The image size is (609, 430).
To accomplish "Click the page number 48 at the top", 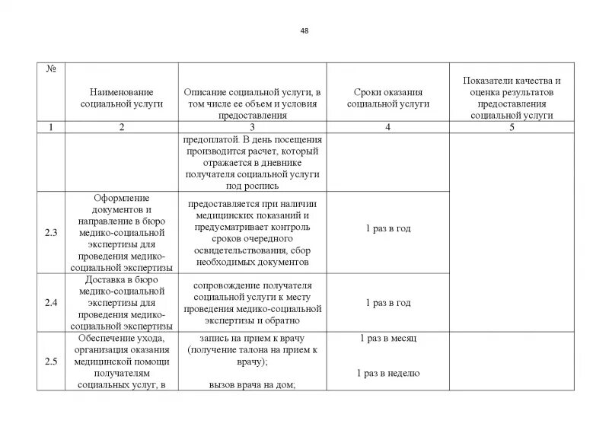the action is click(304, 31).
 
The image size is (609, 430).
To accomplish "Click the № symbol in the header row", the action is click(51, 68).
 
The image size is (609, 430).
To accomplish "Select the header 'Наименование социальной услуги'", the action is click(122, 97).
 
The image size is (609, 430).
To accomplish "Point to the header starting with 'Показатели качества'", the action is click(512, 97).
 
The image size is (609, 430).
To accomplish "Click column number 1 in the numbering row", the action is click(51, 127).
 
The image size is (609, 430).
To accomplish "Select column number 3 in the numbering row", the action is click(252, 127).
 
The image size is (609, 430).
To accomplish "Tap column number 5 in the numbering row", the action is click(512, 127).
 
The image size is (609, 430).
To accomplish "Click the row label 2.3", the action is click(51, 232).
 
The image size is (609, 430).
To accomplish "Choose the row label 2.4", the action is click(51, 303).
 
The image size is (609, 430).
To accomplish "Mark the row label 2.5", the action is click(51, 362).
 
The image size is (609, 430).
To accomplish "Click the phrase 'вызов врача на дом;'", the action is click(252, 385).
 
